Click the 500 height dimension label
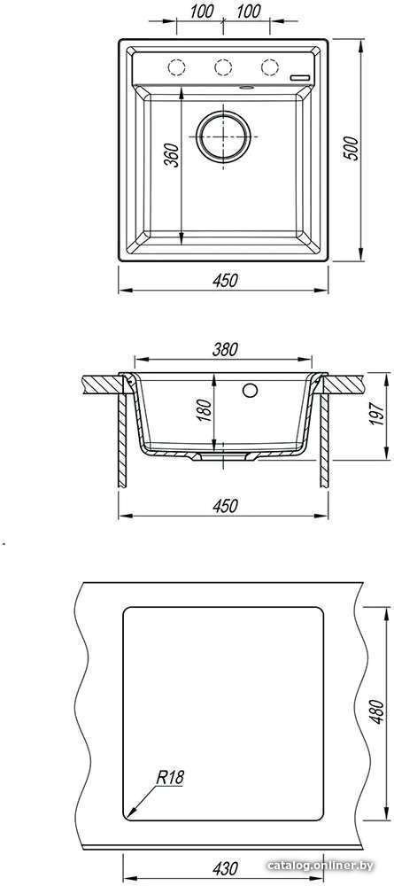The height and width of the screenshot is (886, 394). (352, 148)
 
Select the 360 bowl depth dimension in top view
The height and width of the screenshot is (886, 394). (173, 155)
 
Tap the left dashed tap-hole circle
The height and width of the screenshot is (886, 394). (177, 66)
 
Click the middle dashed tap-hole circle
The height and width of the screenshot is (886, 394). (223, 66)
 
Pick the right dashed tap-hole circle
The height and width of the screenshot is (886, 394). (270, 66)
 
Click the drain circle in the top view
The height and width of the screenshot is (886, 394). (223, 136)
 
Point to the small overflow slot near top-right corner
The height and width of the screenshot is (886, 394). (300, 76)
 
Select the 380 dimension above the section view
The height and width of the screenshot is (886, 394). (225, 350)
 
